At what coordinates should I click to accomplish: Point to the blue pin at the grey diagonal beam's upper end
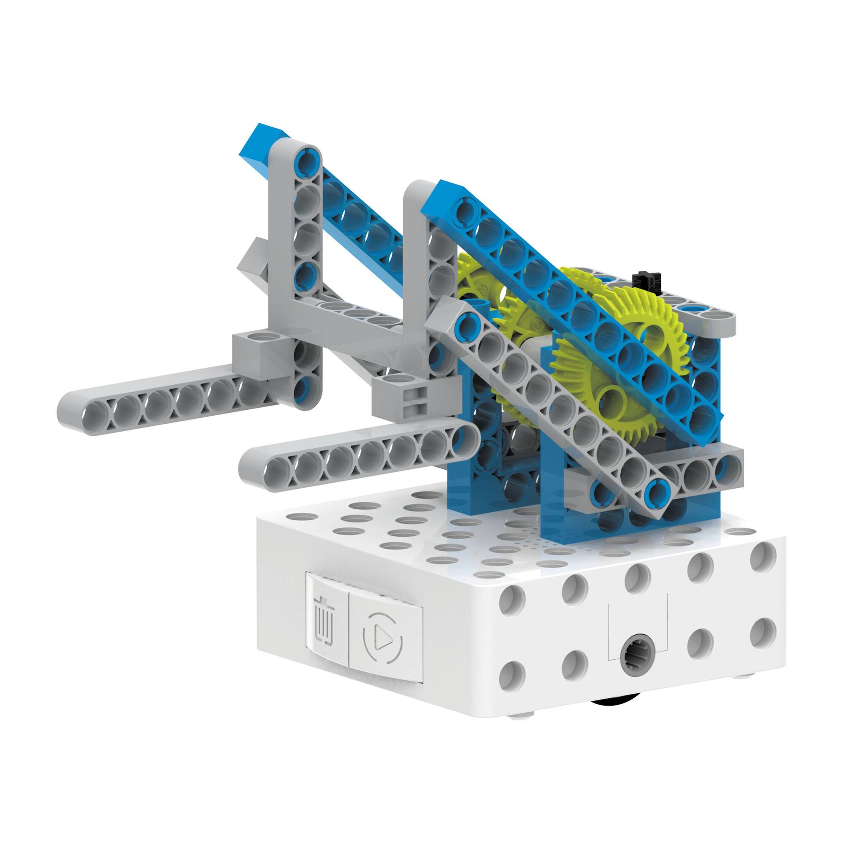point(467,324)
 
